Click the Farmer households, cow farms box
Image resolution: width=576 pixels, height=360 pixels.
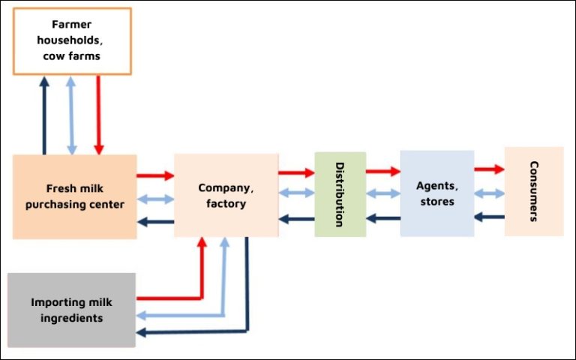tap(72, 41)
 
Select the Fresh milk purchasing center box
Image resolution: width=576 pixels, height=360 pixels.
tap(75, 196)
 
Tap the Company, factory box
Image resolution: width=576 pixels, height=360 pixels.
tap(226, 195)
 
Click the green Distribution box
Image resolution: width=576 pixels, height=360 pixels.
tap(340, 194)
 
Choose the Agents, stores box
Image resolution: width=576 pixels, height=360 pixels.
tap(436, 193)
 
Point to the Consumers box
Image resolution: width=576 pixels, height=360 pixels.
tap(533, 191)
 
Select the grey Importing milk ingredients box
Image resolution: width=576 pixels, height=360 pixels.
tap(72, 310)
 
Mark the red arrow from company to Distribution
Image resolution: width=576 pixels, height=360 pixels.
tap(296, 172)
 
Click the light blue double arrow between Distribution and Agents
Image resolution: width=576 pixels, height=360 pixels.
tap(382, 193)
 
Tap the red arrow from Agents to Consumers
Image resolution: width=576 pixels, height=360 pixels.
tap(489, 169)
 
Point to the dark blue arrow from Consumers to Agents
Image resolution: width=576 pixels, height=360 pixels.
tap(489, 217)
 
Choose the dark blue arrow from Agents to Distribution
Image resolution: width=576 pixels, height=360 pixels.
tap(382, 218)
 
